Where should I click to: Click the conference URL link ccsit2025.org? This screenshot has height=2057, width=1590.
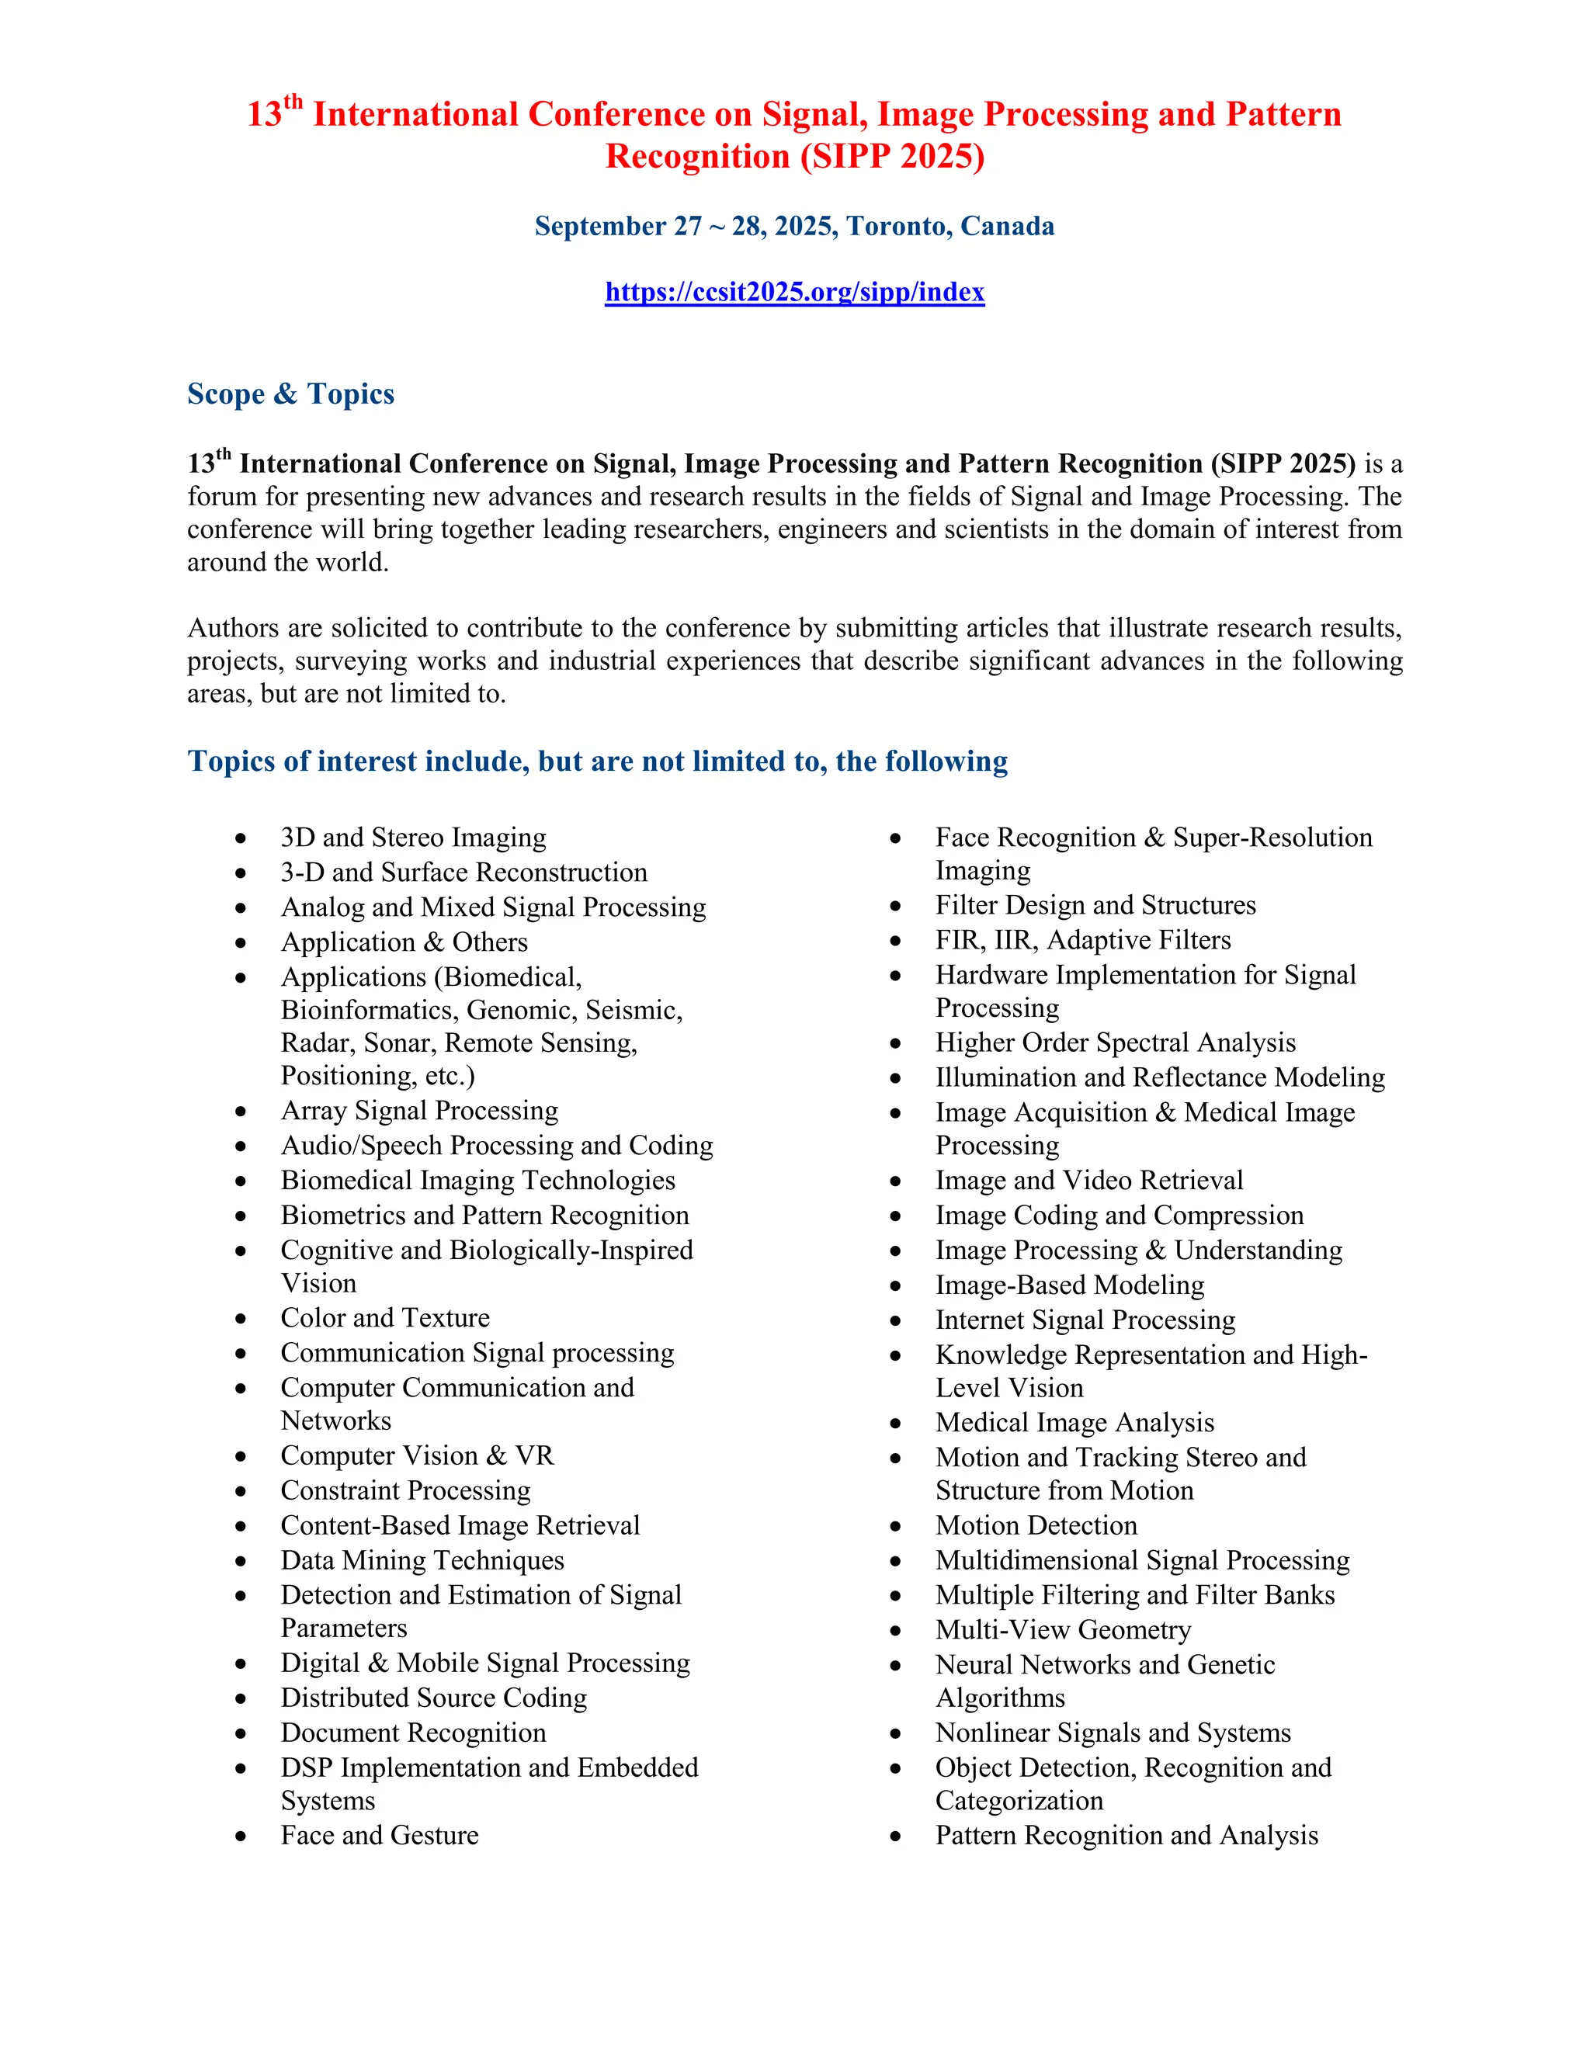794,292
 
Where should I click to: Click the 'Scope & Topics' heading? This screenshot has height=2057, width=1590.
290,394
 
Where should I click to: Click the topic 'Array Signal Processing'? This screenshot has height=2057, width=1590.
419,1111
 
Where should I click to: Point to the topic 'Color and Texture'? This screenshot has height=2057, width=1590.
385,1318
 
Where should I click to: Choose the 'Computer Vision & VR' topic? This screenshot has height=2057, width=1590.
417,1455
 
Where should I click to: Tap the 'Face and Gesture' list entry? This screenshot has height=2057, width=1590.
380,1835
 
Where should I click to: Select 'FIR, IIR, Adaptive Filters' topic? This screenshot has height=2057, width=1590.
1082,940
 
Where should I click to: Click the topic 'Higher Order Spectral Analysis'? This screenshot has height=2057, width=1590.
1116,1042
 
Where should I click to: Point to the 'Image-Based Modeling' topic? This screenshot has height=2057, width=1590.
1069,1285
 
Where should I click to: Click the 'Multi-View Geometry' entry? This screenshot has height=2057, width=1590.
1063,1629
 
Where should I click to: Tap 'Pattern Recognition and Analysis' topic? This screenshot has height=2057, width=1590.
1127,1835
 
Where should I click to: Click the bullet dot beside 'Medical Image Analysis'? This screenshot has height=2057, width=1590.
896,1423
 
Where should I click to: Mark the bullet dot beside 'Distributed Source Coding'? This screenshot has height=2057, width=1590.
241,1699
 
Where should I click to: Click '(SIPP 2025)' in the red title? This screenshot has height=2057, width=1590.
892,156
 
